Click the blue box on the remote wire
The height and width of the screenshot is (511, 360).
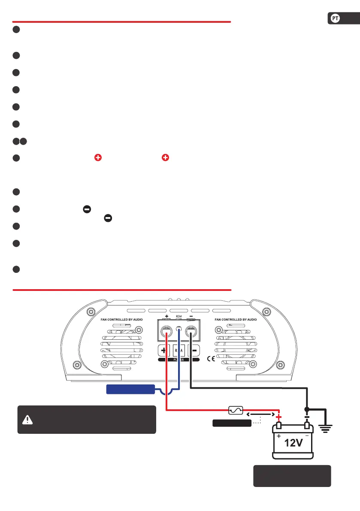(130, 390)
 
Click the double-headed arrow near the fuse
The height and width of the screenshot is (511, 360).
(262, 415)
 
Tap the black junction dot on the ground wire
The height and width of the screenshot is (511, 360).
(306, 409)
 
